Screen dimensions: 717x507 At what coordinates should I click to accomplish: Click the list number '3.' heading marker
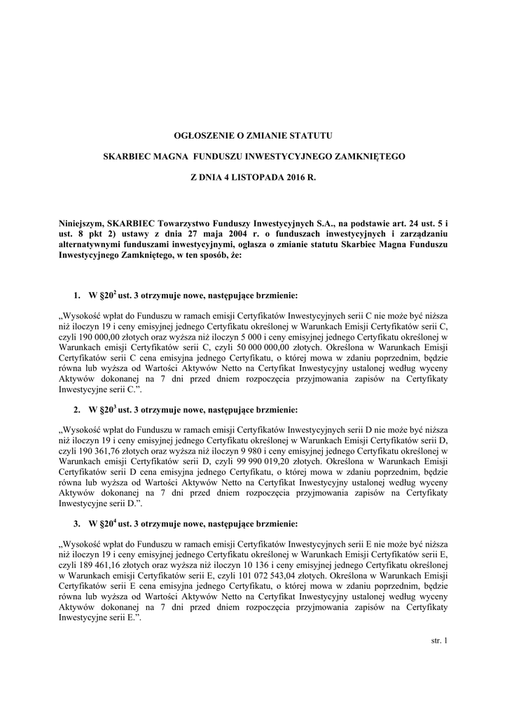pyautogui.click(x=77, y=524)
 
